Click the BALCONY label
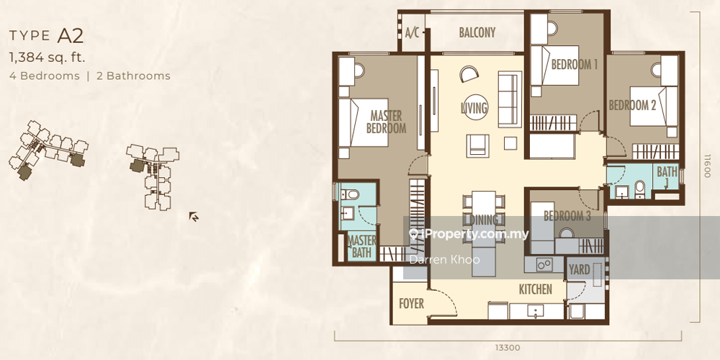click(477, 32)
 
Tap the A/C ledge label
click(413, 33)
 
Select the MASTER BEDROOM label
click(386, 122)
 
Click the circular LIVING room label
click(474, 108)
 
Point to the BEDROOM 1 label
click(575, 64)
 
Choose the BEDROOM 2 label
click(632, 105)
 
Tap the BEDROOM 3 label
click(567, 216)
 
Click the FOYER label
click(411, 304)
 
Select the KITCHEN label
click(536, 289)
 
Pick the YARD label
click(579, 270)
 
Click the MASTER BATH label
click(362, 246)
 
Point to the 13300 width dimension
click(508, 348)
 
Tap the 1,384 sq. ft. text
click(48, 58)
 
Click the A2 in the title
click(70, 35)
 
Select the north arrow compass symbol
click(194, 217)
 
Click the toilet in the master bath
click(352, 194)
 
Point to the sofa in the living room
click(510, 99)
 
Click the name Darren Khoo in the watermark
click(444, 260)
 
